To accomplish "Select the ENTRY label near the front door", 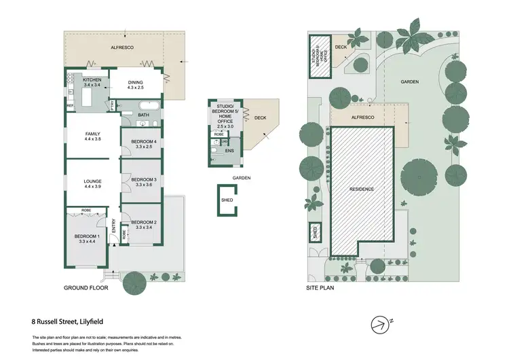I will (113, 233).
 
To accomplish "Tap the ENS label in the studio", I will (230, 151).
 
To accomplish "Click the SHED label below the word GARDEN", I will (227, 200).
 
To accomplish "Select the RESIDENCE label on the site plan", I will (362, 189).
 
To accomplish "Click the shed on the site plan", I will (315, 232).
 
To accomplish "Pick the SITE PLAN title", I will (320, 288).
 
